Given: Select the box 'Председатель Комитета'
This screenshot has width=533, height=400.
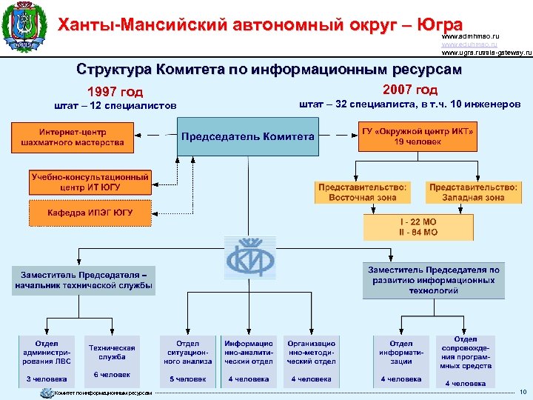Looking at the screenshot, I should pyautogui.click(x=248, y=136).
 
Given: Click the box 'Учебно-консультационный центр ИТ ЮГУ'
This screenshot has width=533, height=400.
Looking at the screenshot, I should pyautogui.click(x=90, y=182).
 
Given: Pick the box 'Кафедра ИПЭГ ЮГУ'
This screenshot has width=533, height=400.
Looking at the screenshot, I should pyautogui.click(x=90, y=213).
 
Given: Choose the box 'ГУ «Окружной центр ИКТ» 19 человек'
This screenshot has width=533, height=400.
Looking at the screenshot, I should pyautogui.click(x=418, y=136).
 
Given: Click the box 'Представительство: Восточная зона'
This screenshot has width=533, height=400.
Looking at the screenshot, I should pyautogui.click(x=363, y=193).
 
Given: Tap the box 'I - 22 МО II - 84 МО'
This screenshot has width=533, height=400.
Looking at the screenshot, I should pyautogui.click(x=419, y=227).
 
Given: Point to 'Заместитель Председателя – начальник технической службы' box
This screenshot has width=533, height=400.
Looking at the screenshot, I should pyautogui.click(x=83, y=279).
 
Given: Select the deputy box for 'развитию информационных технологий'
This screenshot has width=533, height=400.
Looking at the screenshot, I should pyautogui.click(x=434, y=279).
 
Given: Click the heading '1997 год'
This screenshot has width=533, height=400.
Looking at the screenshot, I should pyautogui.click(x=115, y=93).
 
